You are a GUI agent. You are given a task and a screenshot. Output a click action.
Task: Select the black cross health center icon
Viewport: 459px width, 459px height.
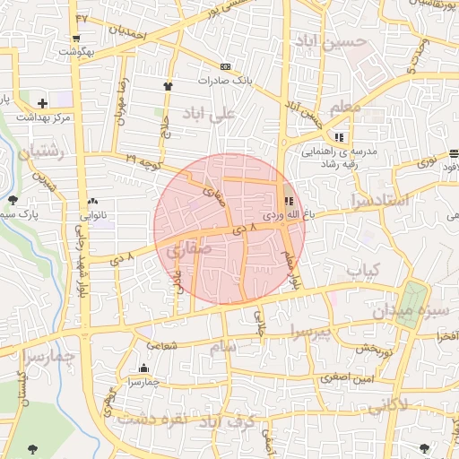click(x=42, y=103)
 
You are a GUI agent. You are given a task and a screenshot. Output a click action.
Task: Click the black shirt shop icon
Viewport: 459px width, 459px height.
click(x=168, y=85)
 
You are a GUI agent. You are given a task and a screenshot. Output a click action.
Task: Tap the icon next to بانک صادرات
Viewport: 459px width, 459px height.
click(x=224, y=66)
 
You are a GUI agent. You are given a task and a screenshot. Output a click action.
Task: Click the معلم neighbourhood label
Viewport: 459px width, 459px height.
click(x=345, y=108)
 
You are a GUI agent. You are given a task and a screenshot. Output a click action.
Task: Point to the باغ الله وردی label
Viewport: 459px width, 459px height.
click(x=285, y=216)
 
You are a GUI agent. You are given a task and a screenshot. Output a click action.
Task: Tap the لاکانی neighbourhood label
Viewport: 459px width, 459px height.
click(x=387, y=404)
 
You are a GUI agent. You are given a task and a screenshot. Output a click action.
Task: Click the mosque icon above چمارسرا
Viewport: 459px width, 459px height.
click(x=144, y=368)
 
